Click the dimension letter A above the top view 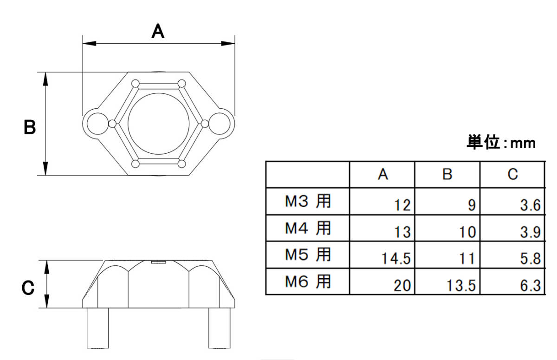click(x=158, y=32)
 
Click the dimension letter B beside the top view click(x=30, y=127)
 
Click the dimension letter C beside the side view click(x=28, y=288)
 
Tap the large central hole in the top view click(x=159, y=124)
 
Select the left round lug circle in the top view click(x=97, y=123)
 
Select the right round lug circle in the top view click(x=220, y=123)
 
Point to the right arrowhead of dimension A click(x=228, y=44)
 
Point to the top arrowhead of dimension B click(x=45, y=79)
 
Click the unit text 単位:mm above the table click(x=501, y=143)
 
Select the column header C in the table click(x=512, y=174)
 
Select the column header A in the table click(x=382, y=174)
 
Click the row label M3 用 click(x=308, y=202)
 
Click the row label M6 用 click(x=308, y=281)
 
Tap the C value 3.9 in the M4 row click(x=531, y=232)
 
